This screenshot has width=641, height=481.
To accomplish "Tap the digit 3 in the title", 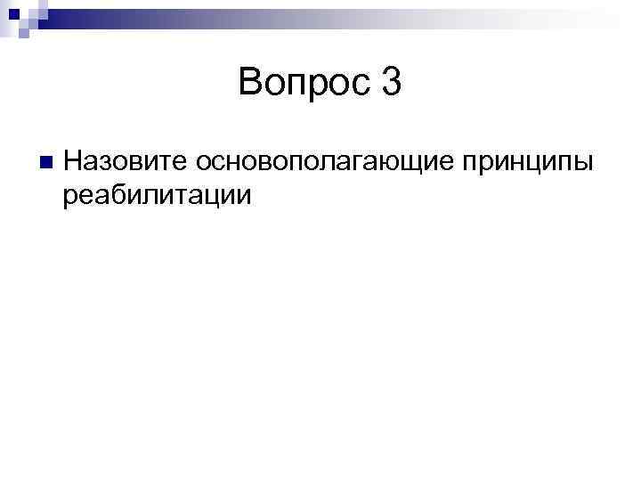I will pyautogui.click(x=392, y=85).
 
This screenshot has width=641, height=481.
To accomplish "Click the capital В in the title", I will pyautogui.click(x=250, y=85).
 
